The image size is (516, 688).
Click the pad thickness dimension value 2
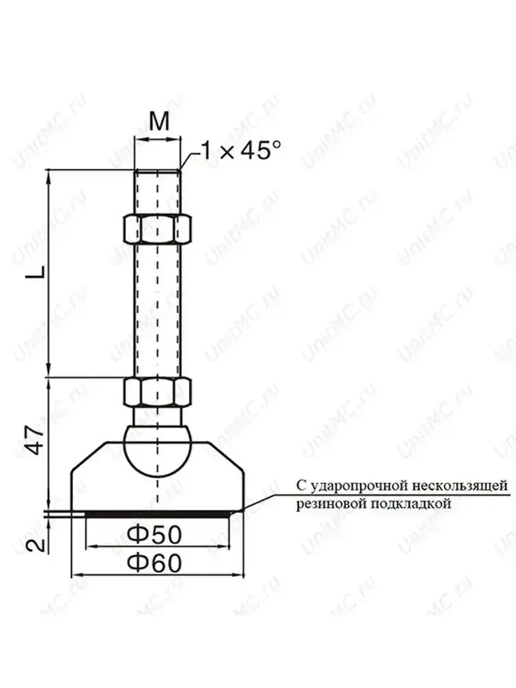[35, 543]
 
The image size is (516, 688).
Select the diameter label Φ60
[155, 563]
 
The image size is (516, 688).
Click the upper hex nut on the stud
[157, 228]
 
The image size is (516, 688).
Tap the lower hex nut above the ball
[157, 393]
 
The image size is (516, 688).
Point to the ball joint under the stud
[157, 448]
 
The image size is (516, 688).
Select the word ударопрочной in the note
[357, 485]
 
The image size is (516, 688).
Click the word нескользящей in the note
[460, 485]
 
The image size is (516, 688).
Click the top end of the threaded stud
[157, 171]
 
